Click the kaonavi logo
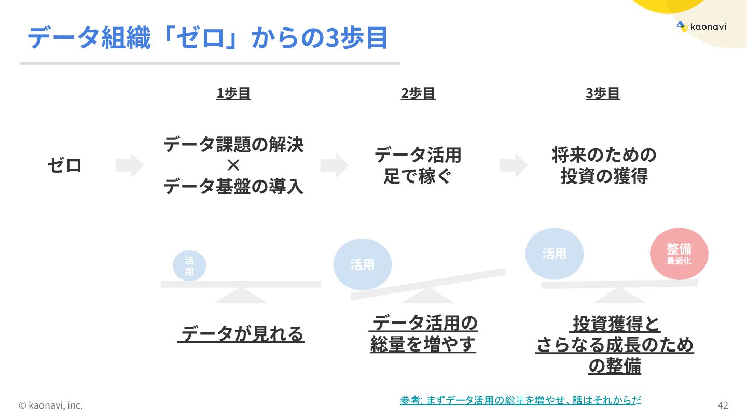click(701, 27)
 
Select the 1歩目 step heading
click(233, 93)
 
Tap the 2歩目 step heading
click(418, 93)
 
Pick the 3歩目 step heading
click(603, 93)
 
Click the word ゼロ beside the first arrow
click(65, 166)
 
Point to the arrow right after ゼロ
click(129, 165)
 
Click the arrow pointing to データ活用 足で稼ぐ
click(334, 165)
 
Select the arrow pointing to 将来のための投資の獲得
click(513, 165)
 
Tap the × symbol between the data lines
click(233, 165)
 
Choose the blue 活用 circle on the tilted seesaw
click(362, 264)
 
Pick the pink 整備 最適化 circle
click(679, 254)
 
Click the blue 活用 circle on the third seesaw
click(554, 254)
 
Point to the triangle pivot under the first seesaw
click(240, 296)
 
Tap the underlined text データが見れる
click(241, 334)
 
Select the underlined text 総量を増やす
click(423, 345)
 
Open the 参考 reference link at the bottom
click(520, 400)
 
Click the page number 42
click(723, 405)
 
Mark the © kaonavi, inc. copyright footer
click(51, 405)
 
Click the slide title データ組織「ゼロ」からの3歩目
click(208, 38)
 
